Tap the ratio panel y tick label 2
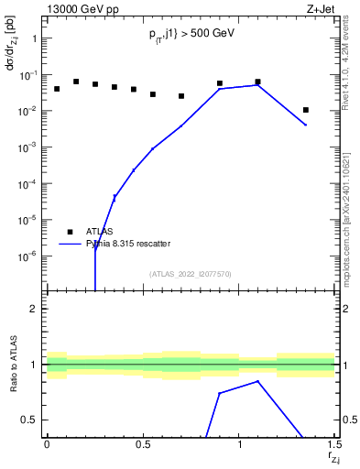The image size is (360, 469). tap(34, 309)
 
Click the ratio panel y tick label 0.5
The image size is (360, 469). tap(29, 420)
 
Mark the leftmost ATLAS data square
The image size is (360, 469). tap(57, 89)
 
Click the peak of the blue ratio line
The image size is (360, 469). tap(258, 381)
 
